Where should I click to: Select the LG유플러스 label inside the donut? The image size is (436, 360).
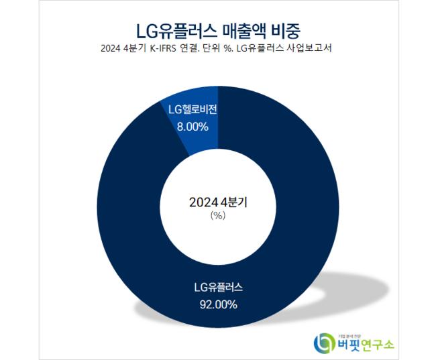pyautogui.click(x=218, y=288)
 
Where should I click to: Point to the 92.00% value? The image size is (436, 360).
pyautogui.click(x=218, y=305)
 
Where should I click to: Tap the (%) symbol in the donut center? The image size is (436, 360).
pyautogui.click(x=217, y=216)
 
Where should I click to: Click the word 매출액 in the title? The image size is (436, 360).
pyautogui.click(x=243, y=29)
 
